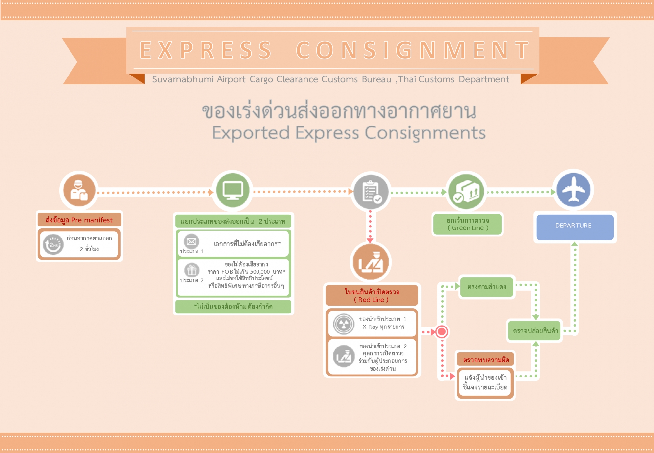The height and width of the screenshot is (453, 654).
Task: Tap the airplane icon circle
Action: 573,190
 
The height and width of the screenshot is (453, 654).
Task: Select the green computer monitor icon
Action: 233,191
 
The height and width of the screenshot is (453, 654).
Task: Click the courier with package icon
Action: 79,190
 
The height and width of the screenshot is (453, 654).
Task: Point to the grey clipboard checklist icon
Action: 371,192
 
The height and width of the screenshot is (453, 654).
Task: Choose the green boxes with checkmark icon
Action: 466,192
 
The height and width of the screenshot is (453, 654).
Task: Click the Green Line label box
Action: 467,224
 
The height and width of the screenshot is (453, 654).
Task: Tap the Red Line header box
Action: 372,295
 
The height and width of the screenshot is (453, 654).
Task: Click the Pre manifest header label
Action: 79,220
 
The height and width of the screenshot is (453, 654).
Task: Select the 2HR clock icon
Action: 53,244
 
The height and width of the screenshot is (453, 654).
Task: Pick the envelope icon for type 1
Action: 191,241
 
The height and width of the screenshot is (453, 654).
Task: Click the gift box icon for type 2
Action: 192,270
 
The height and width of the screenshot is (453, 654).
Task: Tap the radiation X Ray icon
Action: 344,324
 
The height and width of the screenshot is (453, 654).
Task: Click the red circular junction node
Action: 442,331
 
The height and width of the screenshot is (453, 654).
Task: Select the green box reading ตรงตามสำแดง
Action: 487,287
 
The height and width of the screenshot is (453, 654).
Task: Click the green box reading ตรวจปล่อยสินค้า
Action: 535,330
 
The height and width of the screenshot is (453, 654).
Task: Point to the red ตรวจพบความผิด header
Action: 486,360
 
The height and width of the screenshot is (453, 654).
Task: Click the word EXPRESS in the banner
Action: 206,50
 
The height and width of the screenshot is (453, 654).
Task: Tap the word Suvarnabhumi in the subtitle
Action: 183,79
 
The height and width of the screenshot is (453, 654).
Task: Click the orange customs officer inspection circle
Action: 371,262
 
